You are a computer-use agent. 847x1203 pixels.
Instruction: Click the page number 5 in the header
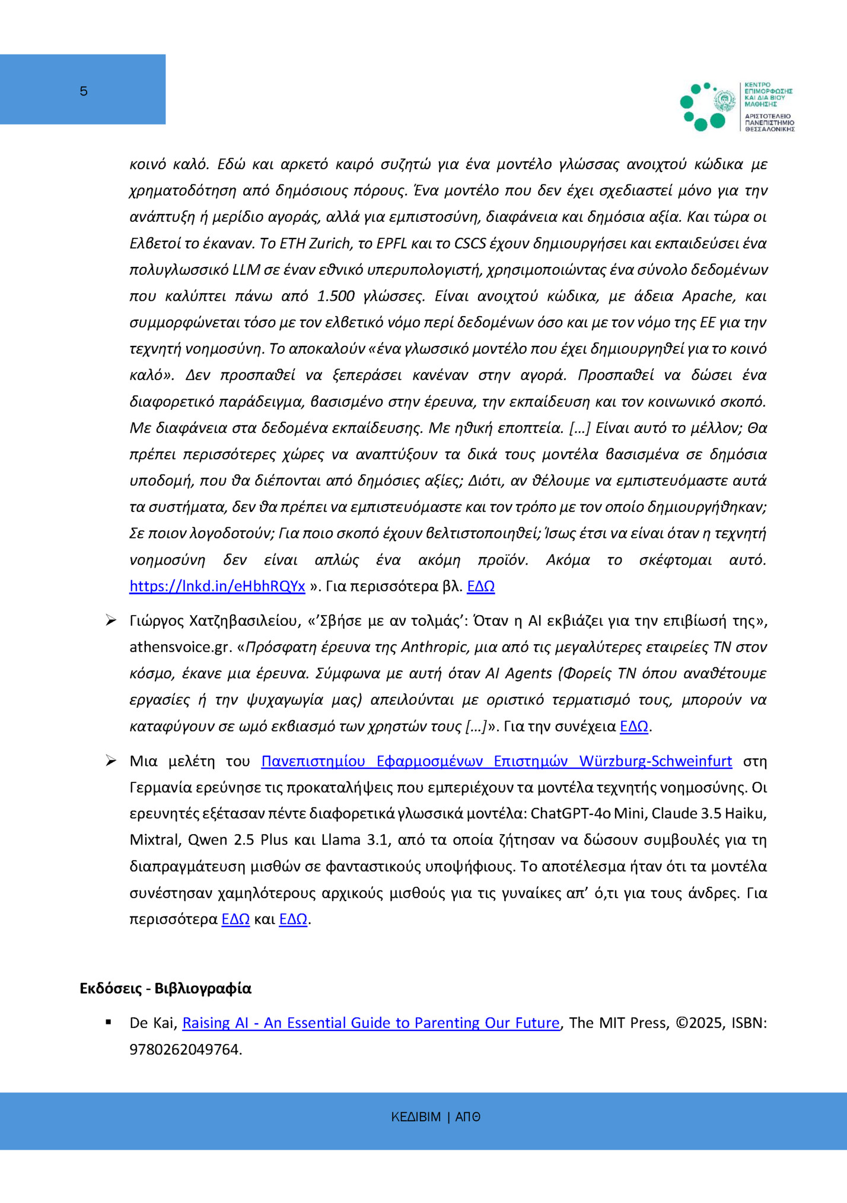[x=84, y=91]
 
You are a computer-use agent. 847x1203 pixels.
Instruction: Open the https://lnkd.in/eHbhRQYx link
[x=217, y=586]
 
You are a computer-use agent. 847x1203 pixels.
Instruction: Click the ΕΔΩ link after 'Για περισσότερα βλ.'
[x=480, y=586]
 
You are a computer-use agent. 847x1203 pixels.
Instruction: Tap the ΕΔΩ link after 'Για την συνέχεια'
[x=633, y=726]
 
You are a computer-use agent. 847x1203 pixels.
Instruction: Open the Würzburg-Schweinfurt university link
[x=496, y=761]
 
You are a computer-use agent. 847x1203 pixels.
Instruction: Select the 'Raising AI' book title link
[x=371, y=1023]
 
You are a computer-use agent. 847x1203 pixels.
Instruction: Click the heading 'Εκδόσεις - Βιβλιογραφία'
[x=165, y=988]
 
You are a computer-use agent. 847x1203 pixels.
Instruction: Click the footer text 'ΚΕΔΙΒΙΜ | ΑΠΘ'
[x=435, y=1117]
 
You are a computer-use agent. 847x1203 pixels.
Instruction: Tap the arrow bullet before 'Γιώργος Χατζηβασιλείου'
[x=111, y=621]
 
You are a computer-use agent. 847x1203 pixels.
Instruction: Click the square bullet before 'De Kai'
[x=109, y=1022]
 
